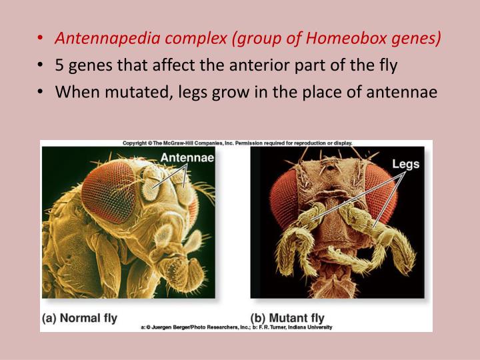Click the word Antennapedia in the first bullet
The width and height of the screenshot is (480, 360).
click(104, 39)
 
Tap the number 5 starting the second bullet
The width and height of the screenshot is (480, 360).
click(60, 65)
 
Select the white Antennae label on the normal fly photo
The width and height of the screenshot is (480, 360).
click(186, 157)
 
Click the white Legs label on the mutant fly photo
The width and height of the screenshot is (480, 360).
click(405, 163)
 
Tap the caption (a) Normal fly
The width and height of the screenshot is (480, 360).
click(79, 318)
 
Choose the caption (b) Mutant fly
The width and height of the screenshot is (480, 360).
click(288, 318)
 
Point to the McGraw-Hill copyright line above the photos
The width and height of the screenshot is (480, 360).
click(237, 143)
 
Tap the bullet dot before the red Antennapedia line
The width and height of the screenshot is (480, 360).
click(42, 39)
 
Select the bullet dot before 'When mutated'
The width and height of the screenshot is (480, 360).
click(42, 92)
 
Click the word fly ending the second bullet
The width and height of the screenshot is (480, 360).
click(388, 65)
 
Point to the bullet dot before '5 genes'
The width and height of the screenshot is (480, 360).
click(42, 66)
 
